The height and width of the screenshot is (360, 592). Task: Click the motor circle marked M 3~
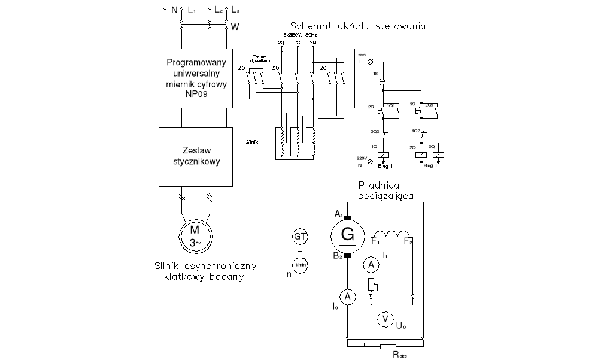point(196,236)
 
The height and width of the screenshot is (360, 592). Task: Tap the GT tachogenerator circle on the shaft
point(300,237)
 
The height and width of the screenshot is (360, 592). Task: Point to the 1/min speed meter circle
point(300,264)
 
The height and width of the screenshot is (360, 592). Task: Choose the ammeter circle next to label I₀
point(347,295)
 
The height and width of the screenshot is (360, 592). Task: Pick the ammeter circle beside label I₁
point(371,264)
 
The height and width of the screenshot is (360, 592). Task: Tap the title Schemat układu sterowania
point(357,26)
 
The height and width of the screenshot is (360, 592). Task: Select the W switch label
point(235,27)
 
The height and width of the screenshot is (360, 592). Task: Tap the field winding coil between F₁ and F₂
point(391,234)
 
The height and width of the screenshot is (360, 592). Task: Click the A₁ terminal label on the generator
point(338,214)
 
